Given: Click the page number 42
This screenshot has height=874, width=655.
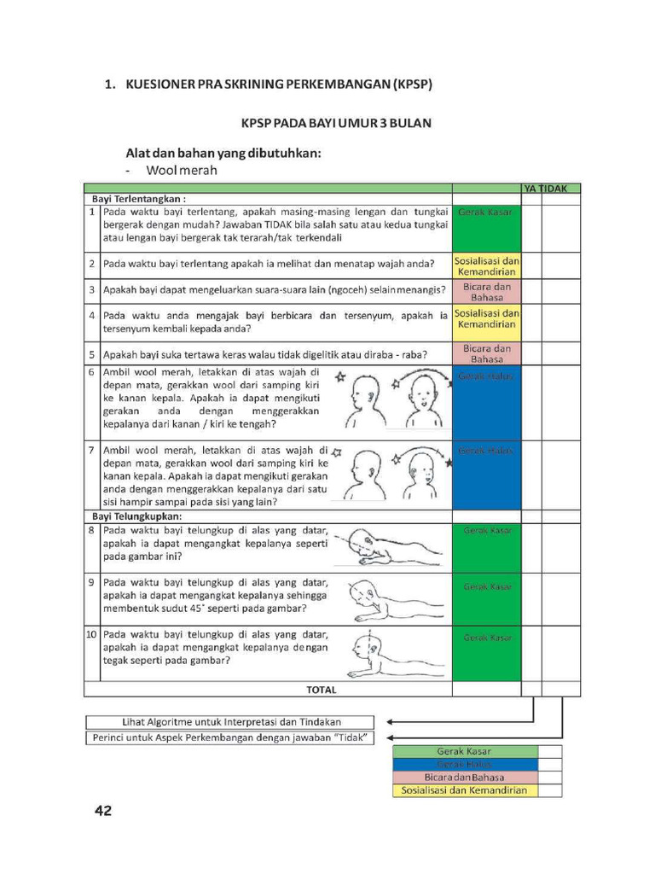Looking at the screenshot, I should point(102,810).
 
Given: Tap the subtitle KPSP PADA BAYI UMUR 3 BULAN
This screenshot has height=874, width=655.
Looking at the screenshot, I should point(336,123).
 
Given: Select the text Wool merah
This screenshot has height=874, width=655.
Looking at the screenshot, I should point(181,171).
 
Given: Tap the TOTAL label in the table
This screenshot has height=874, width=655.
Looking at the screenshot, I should point(321,690).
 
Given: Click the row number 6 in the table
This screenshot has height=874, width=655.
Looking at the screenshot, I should point(91,373).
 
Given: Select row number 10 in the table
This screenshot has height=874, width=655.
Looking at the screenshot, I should point(91,635).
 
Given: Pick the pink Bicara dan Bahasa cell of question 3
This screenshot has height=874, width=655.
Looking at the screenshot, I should point(486,292).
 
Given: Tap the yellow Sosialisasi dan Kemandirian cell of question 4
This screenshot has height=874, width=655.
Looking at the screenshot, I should point(486,319).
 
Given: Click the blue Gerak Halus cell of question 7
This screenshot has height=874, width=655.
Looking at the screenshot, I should point(486,475).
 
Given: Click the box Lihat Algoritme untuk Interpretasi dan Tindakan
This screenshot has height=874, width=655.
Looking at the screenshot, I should point(230,722).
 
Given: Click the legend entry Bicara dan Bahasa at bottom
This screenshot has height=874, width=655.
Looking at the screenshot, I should point(465,778).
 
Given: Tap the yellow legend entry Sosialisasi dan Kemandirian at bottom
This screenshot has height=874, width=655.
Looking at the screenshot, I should point(465,790).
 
